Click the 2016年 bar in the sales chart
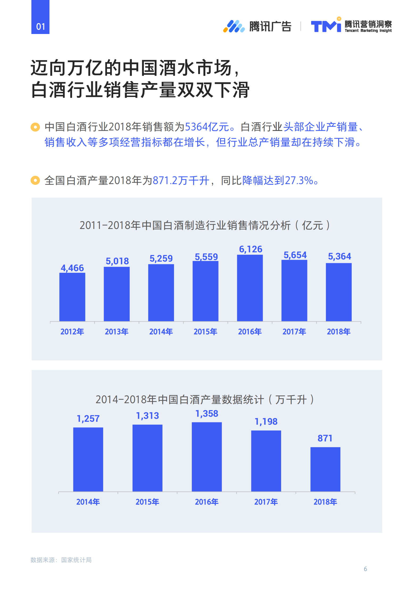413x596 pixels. [x=250, y=288]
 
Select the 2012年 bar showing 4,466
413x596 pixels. [x=72, y=297]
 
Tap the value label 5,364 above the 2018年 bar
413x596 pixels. [x=339, y=256]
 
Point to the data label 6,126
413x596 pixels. [x=251, y=249]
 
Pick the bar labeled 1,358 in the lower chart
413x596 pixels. [x=207, y=457]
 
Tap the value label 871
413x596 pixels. [x=325, y=438]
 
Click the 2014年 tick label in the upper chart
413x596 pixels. [x=161, y=331]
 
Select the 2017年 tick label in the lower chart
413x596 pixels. [x=266, y=502]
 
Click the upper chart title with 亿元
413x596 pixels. [x=205, y=225]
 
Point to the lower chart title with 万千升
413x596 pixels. [x=205, y=399]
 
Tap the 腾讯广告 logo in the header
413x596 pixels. [x=257, y=26]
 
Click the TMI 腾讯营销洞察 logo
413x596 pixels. [x=351, y=25]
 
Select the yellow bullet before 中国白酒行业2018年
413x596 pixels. [x=35, y=127]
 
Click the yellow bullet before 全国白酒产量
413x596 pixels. [x=35, y=180]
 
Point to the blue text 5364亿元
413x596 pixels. [x=207, y=127]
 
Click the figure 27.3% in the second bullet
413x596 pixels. [x=299, y=180]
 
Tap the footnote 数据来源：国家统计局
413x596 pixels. [x=61, y=560]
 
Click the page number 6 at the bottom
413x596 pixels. [x=365, y=569]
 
